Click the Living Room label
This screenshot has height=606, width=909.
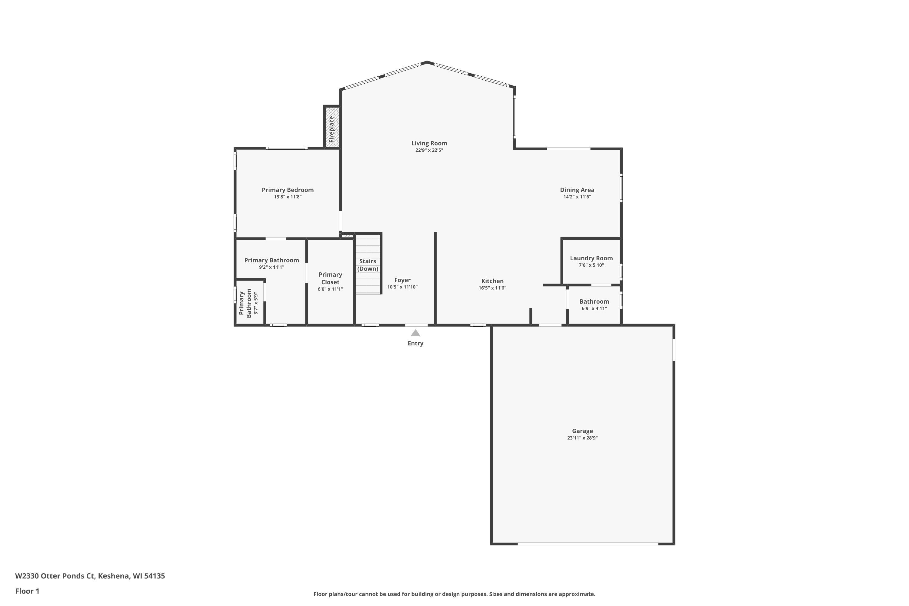pyautogui.click(x=429, y=143)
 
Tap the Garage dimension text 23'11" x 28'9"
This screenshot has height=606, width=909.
pyautogui.click(x=582, y=438)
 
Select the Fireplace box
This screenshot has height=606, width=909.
pyautogui.click(x=332, y=126)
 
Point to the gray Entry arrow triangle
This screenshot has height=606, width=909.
pyautogui.click(x=415, y=333)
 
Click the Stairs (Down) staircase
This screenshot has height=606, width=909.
pyautogui.click(x=368, y=264)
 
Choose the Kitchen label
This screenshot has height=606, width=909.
pyautogui.click(x=492, y=281)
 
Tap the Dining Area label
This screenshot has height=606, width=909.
pyautogui.click(x=577, y=190)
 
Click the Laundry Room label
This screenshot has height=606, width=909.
pyautogui.click(x=591, y=258)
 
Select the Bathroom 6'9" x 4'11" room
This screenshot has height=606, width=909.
pyautogui.click(x=594, y=305)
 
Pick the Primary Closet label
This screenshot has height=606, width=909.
pyautogui.click(x=331, y=278)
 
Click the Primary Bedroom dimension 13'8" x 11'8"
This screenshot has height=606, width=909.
pyautogui.click(x=288, y=197)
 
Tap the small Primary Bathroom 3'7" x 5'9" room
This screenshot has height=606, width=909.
pyautogui.click(x=250, y=302)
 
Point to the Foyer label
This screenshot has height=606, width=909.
pyautogui.click(x=402, y=280)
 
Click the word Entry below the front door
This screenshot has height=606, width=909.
pyautogui.click(x=415, y=343)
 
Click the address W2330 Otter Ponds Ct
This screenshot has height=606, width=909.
pyautogui.click(x=55, y=576)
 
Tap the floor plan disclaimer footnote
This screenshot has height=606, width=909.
pyautogui.click(x=454, y=594)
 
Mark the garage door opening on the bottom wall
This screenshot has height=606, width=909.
pyautogui.click(x=588, y=544)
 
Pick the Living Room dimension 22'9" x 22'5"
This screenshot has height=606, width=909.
pyautogui.click(x=429, y=150)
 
